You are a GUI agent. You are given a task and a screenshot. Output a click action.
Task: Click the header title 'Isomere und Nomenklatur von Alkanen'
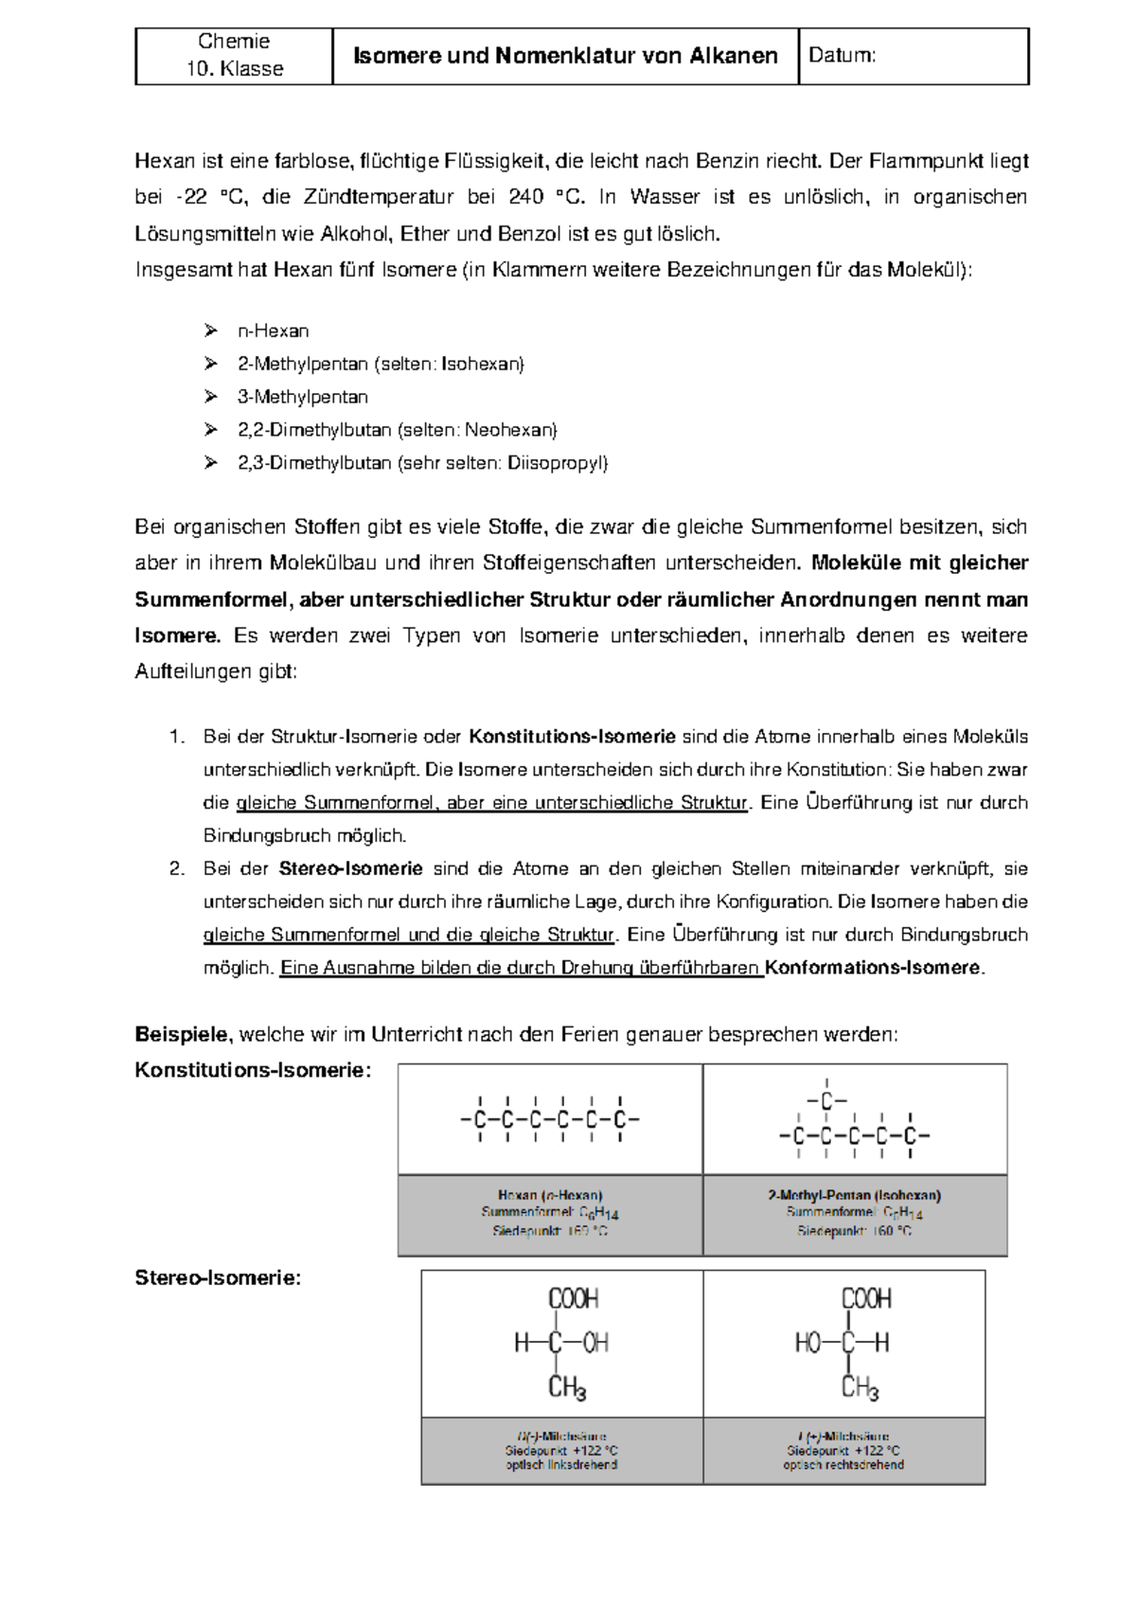coord(565,56)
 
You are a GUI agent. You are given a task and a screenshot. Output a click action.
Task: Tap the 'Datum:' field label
coord(842,56)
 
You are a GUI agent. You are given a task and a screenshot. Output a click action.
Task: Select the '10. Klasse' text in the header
coord(234,69)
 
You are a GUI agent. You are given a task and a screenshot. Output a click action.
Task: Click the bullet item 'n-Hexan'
coord(273,331)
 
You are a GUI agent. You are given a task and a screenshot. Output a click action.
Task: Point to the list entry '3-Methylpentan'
coord(302,398)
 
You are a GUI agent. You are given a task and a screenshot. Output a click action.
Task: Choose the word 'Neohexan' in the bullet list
coord(508,431)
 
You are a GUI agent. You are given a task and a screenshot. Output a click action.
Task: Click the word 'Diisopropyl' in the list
coord(556,464)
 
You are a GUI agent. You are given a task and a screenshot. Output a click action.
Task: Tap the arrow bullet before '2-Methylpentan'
coord(210,365)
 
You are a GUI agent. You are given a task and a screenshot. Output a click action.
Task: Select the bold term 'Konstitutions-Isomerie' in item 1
coord(572,737)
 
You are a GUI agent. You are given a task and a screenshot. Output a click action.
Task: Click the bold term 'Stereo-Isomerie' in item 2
coord(350,869)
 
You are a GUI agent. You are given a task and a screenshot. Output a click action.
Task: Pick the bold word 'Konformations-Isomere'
coord(873,969)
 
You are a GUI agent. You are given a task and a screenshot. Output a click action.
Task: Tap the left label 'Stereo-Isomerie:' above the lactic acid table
coord(218,1278)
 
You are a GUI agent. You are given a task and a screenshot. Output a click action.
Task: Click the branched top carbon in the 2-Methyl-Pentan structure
coord(826,1102)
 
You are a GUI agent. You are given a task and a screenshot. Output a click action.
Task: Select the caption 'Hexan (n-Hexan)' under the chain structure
coord(550,1196)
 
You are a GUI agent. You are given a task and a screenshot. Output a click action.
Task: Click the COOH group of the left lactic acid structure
coord(573,1298)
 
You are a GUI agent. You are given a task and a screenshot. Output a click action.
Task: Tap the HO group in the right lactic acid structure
coord(808,1343)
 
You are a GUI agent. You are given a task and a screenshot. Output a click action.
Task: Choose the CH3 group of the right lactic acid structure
coord(860,1388)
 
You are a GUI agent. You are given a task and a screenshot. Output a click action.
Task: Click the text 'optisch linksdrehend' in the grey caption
coord(561,1465)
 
